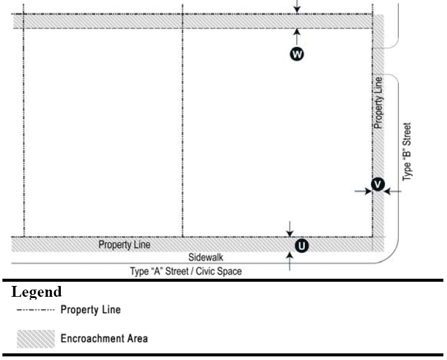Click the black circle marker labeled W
(297, 55)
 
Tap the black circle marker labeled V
(377, 184)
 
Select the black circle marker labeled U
(301, 245)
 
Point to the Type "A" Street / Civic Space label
(186, 271)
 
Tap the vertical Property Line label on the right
(378, 102)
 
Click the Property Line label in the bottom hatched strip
(125, 245)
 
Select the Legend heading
(37, 293)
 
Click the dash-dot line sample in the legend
(36, 310)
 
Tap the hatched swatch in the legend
(36, 338)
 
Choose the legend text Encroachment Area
(104, 338)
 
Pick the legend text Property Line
(90, 310)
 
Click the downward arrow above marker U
(290, 229)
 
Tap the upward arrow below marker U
(290, 260)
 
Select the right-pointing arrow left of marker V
(363, 191)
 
